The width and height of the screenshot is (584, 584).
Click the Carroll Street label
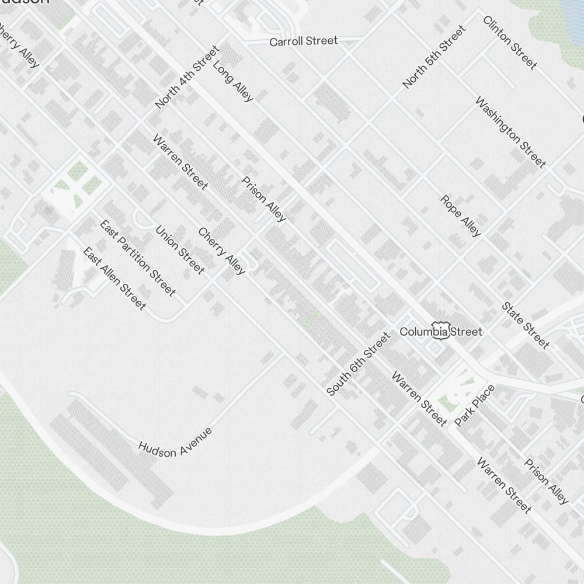(x=303, y=41)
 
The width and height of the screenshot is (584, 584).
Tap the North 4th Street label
(x=187, y=77)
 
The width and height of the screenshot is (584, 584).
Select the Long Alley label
(x=233, y=81)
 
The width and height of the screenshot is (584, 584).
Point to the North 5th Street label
(x=434, y=57)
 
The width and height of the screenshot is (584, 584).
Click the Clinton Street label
(x=509, y=43)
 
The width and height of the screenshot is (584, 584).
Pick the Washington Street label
(x=510, y=133)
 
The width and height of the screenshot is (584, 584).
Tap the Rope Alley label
(x=461, y=216)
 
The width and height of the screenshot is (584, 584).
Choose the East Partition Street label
(x=137, y=258)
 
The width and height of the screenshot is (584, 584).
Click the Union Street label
(x=180, y=249)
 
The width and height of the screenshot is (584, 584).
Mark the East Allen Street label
(x=114, y=279)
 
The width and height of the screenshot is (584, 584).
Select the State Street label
(x=526, y=325)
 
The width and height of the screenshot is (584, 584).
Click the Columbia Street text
(x=441, y=332)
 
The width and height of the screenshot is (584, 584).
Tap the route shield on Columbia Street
(x=440, y=331)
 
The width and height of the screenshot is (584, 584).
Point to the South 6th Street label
(x=358, y=364)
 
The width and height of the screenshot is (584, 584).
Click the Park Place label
(x=474, y=405)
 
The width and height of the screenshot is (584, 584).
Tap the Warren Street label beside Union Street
(x=180, y=162)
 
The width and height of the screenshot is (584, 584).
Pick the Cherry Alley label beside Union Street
(x=222, y=251)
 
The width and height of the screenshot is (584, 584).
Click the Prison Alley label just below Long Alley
(x=264, y=199)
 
